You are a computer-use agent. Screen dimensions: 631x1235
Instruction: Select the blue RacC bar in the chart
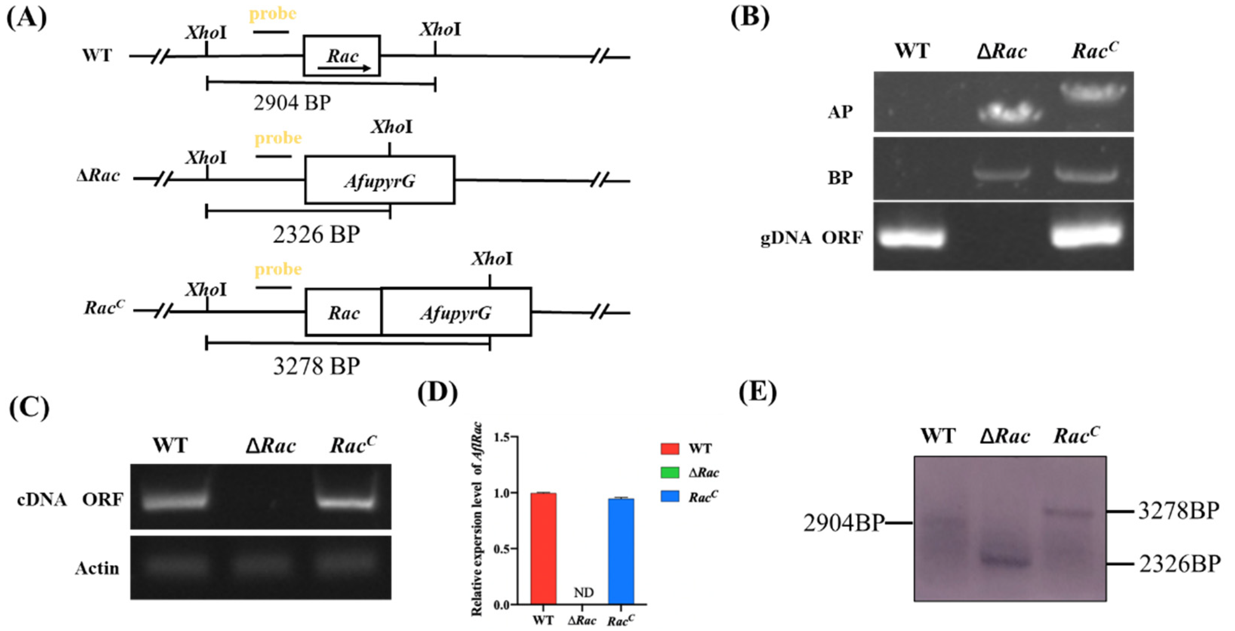point(621,551)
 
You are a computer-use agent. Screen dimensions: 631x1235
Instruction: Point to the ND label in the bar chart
point(583,593)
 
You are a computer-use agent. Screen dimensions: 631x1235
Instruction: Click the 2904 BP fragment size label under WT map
point(292,103)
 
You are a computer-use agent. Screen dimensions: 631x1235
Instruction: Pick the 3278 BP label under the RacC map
point(316,367)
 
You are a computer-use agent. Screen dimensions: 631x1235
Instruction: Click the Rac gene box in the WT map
point(342,55)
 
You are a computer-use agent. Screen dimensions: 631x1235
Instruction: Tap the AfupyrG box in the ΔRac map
point(380,180)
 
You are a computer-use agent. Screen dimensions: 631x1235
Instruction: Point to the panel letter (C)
point(29,408)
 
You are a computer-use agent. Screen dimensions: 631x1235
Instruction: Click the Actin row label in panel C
point(97,569)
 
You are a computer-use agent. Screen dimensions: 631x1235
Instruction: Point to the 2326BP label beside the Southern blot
point(1180,564)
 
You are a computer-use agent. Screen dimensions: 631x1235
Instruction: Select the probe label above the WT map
point(272,14)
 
